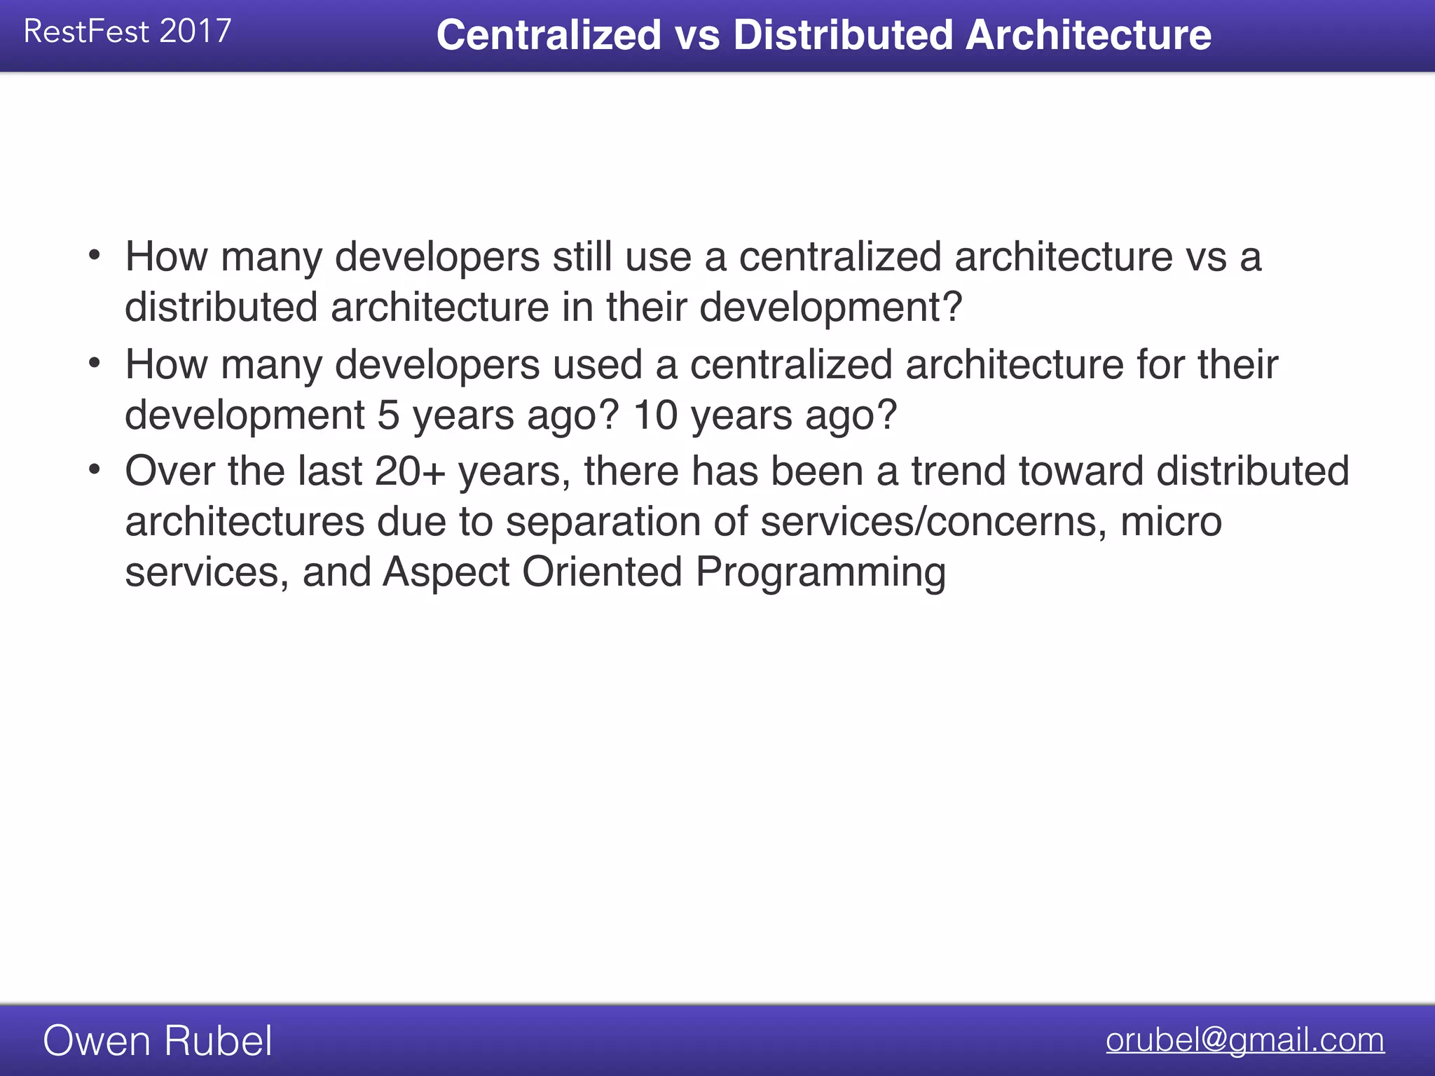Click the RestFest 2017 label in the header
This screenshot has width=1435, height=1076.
pos(128,32)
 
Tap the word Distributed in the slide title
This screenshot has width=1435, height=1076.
pos(843,35)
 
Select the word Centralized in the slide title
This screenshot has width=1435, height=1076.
pos(549,35)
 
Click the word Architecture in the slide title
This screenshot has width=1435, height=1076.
pos(1088,35)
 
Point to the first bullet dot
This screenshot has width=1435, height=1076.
pos(95,255)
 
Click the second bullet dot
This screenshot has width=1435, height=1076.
pos(95,363)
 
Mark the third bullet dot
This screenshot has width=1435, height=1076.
pos(95,469)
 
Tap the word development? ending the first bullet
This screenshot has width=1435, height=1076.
pos(831,308)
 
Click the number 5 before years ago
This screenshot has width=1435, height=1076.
pos(389,415)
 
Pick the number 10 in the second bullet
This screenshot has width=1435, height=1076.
pos(655,415)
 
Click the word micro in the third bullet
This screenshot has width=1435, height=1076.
pos(1171,522)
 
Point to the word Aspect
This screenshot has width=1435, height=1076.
pos(446,572)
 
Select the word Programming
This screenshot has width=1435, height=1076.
pos(821,574)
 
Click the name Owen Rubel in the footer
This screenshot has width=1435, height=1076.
pos(158,1040)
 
